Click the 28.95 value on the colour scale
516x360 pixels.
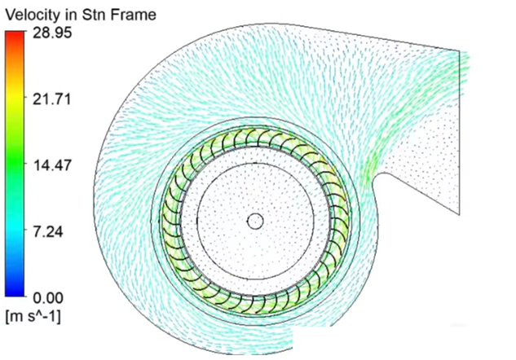[52, 33]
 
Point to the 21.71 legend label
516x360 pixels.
[52, 99]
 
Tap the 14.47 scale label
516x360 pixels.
[52, 165]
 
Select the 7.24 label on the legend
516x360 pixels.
[48, 232]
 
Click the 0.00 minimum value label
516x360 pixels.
[48, 298]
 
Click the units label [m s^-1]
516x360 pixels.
[33, 318]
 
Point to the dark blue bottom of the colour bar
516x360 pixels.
[15, 291]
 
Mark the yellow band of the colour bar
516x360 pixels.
[15, 95]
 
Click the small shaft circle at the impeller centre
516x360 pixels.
[255, 221]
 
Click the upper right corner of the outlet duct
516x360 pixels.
[460, 51]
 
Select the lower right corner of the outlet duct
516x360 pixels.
[460, 215]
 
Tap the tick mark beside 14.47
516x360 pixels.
[25, 164]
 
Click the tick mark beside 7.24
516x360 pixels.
[25, 230]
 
